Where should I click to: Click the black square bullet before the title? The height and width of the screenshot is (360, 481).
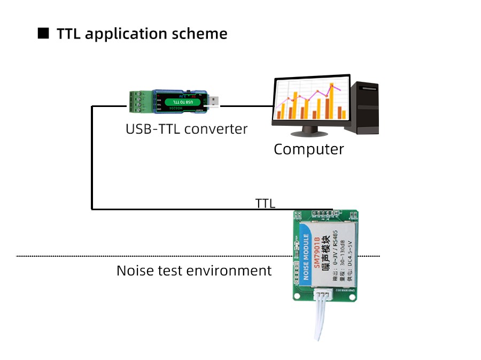click(44, 34)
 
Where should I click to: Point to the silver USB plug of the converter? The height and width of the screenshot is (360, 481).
click(213, 102)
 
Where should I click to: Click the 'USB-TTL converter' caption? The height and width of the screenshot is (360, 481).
click(187, 129)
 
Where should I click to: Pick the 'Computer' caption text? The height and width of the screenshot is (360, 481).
click(308, 149)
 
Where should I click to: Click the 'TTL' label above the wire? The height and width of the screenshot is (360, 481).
click(265, 203)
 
